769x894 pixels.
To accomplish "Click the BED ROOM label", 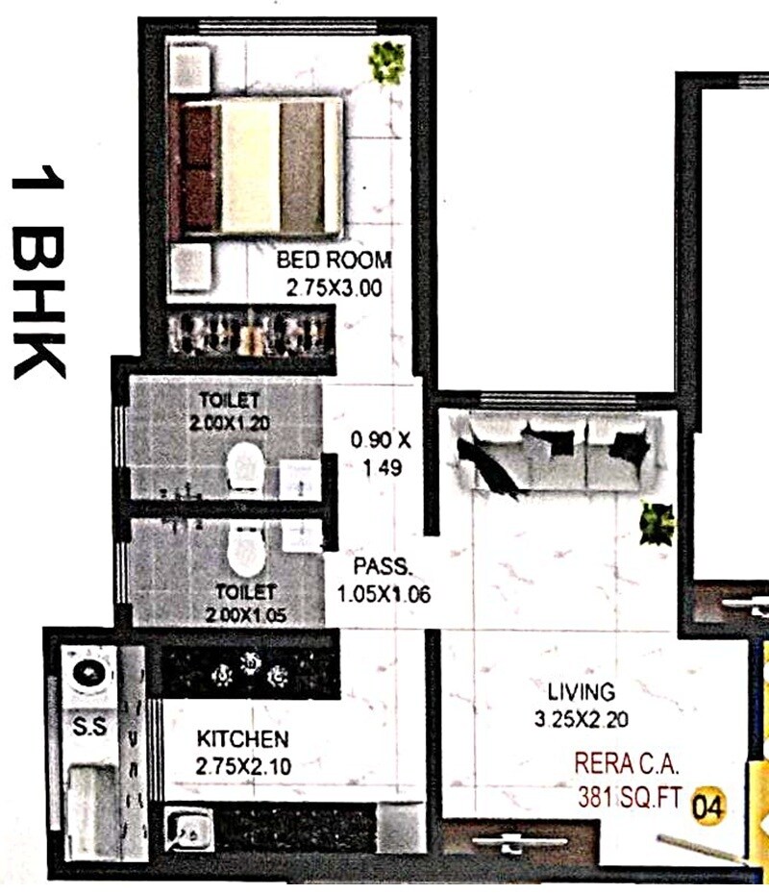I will click(334, 260).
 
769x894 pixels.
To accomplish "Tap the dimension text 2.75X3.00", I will click(334, 286).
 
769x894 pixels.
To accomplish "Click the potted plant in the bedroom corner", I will click(386, 62).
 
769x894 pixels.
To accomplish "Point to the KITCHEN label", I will click(242, 739).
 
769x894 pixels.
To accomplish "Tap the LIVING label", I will click(581, 691).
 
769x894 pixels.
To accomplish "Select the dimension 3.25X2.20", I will click(581, 717).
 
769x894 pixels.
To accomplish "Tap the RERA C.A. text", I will click(627, 766).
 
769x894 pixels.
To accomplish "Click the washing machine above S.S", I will click(91, 670).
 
